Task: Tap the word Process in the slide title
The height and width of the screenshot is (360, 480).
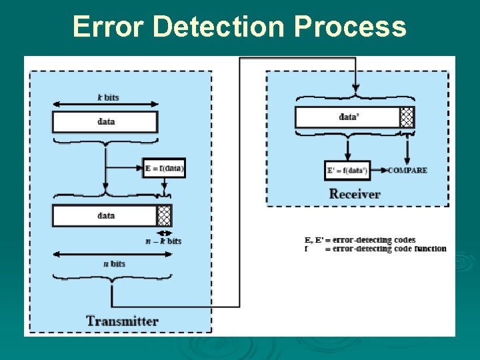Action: click(x=349, y=27)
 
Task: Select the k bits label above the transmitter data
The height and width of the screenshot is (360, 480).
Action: click(x=107, y=97)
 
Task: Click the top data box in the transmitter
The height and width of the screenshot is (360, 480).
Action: click(x=105, y=122)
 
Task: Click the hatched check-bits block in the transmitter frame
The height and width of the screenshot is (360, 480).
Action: click(x=164, y=216)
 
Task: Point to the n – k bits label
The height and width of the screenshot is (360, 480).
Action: click(x=163, y=241)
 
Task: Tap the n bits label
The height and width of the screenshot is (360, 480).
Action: click(x=114, y=264)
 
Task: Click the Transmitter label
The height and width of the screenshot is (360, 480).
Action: click(x=122, y=321)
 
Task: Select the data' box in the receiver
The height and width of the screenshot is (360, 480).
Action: click(x=347, y=117)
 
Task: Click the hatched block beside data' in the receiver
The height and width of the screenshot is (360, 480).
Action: click(x=407, y=117)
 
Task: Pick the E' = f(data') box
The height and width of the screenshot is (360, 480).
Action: click(x=347, y=171)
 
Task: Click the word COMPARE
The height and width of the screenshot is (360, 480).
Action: click(x=407, y=171)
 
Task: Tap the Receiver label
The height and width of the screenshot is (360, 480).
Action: click(x=355, y=194)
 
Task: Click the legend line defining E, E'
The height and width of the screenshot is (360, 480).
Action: click(x=360, y=240)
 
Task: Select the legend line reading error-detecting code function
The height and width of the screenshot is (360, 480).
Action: click(x=375, y=249)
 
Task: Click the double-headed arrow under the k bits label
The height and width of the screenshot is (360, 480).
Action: click(x=105, y=104)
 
